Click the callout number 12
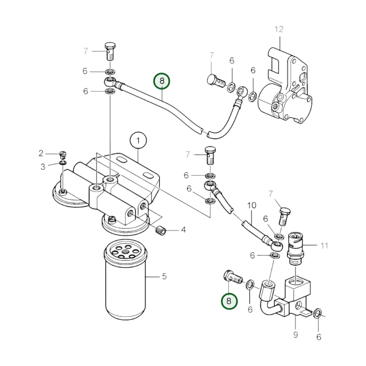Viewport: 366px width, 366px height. click(279, 29)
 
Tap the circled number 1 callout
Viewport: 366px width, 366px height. click(138, 140)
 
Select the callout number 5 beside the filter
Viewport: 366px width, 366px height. click(164, 276)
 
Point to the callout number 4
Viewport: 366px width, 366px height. click(183, 230)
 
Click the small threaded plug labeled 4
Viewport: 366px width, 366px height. click(160, 231)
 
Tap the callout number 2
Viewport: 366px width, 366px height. click(41, 153)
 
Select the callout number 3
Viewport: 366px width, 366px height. click(43, 167)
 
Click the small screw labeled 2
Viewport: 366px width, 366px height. click(62, 154)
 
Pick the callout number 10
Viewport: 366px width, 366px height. click(252, 205)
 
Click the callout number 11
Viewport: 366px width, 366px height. click(324, 245)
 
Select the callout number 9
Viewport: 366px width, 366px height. click(295, 335)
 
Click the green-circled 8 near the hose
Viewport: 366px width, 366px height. click(162, 81)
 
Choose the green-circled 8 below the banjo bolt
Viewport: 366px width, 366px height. click(229, 301)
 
